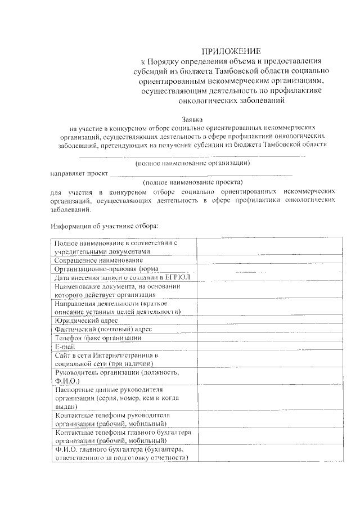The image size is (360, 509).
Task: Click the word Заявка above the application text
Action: tap(192, 119)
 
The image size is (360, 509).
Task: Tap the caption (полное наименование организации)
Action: tap(193, 163)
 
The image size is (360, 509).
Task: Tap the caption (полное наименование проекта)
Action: tap(193, 182)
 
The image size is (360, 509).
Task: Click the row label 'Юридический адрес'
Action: tap(86, 320)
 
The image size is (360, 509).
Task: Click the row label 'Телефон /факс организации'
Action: tap(97, 338)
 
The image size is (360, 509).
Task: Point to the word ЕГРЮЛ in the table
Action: tap(177, 278)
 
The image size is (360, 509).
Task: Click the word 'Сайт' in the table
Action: tap(62, 355)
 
